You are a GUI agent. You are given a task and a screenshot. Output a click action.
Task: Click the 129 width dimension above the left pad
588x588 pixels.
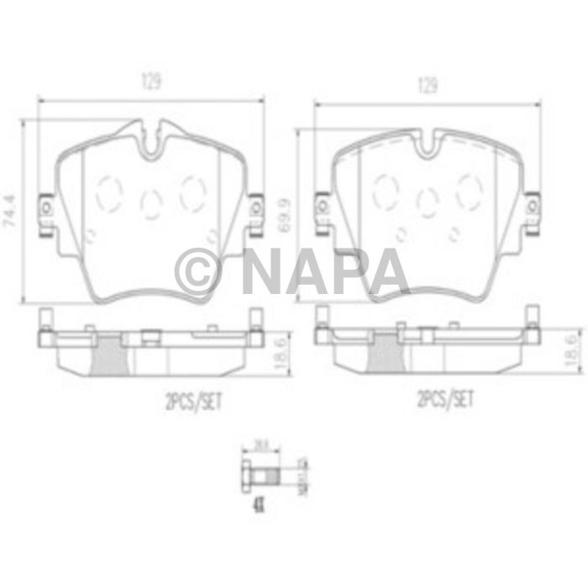click(x=150, y=81)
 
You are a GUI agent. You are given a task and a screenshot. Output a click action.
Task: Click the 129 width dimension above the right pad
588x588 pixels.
click(x=428, y=86)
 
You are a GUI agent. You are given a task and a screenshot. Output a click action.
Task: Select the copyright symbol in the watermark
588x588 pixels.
click(x=199, y=271)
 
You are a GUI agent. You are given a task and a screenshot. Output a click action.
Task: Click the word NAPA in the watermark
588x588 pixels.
click(x=325, y=271)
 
